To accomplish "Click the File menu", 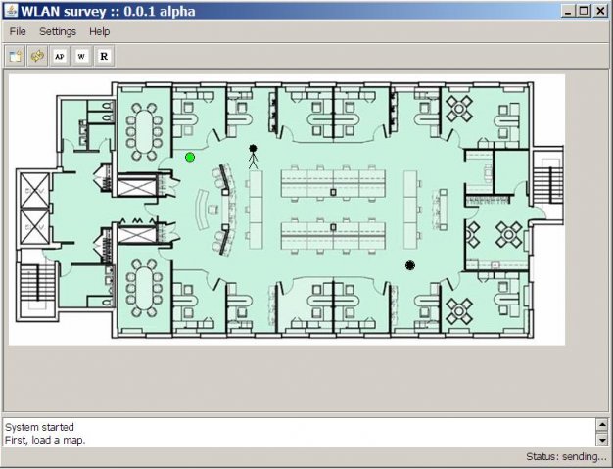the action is tap(18, 31).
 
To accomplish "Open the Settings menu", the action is tap(58, 31).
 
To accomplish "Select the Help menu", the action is tap(99, 31).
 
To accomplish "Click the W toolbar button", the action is tap(81, 56).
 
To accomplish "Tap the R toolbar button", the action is tap(104, 56).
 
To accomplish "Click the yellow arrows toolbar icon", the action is tap(37, 56).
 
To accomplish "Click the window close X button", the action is tap(600, 11).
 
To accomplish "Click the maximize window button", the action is tap(584, 11).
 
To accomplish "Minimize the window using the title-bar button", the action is tap(568, 11).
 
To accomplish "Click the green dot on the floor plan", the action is tap(190, 157).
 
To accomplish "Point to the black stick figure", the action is tap(253, 157).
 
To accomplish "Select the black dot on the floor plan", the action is tap(409, 265).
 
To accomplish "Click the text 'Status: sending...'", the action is tap(566, 456).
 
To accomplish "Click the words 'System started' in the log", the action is tap(39, 427).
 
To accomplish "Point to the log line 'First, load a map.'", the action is tap(45, 440).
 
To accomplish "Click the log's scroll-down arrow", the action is tap(602, 440).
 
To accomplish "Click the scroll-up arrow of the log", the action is tap(602, 424).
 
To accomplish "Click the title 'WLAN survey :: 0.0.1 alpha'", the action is tap(108, 11).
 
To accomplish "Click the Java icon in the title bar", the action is tap(12, 11).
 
